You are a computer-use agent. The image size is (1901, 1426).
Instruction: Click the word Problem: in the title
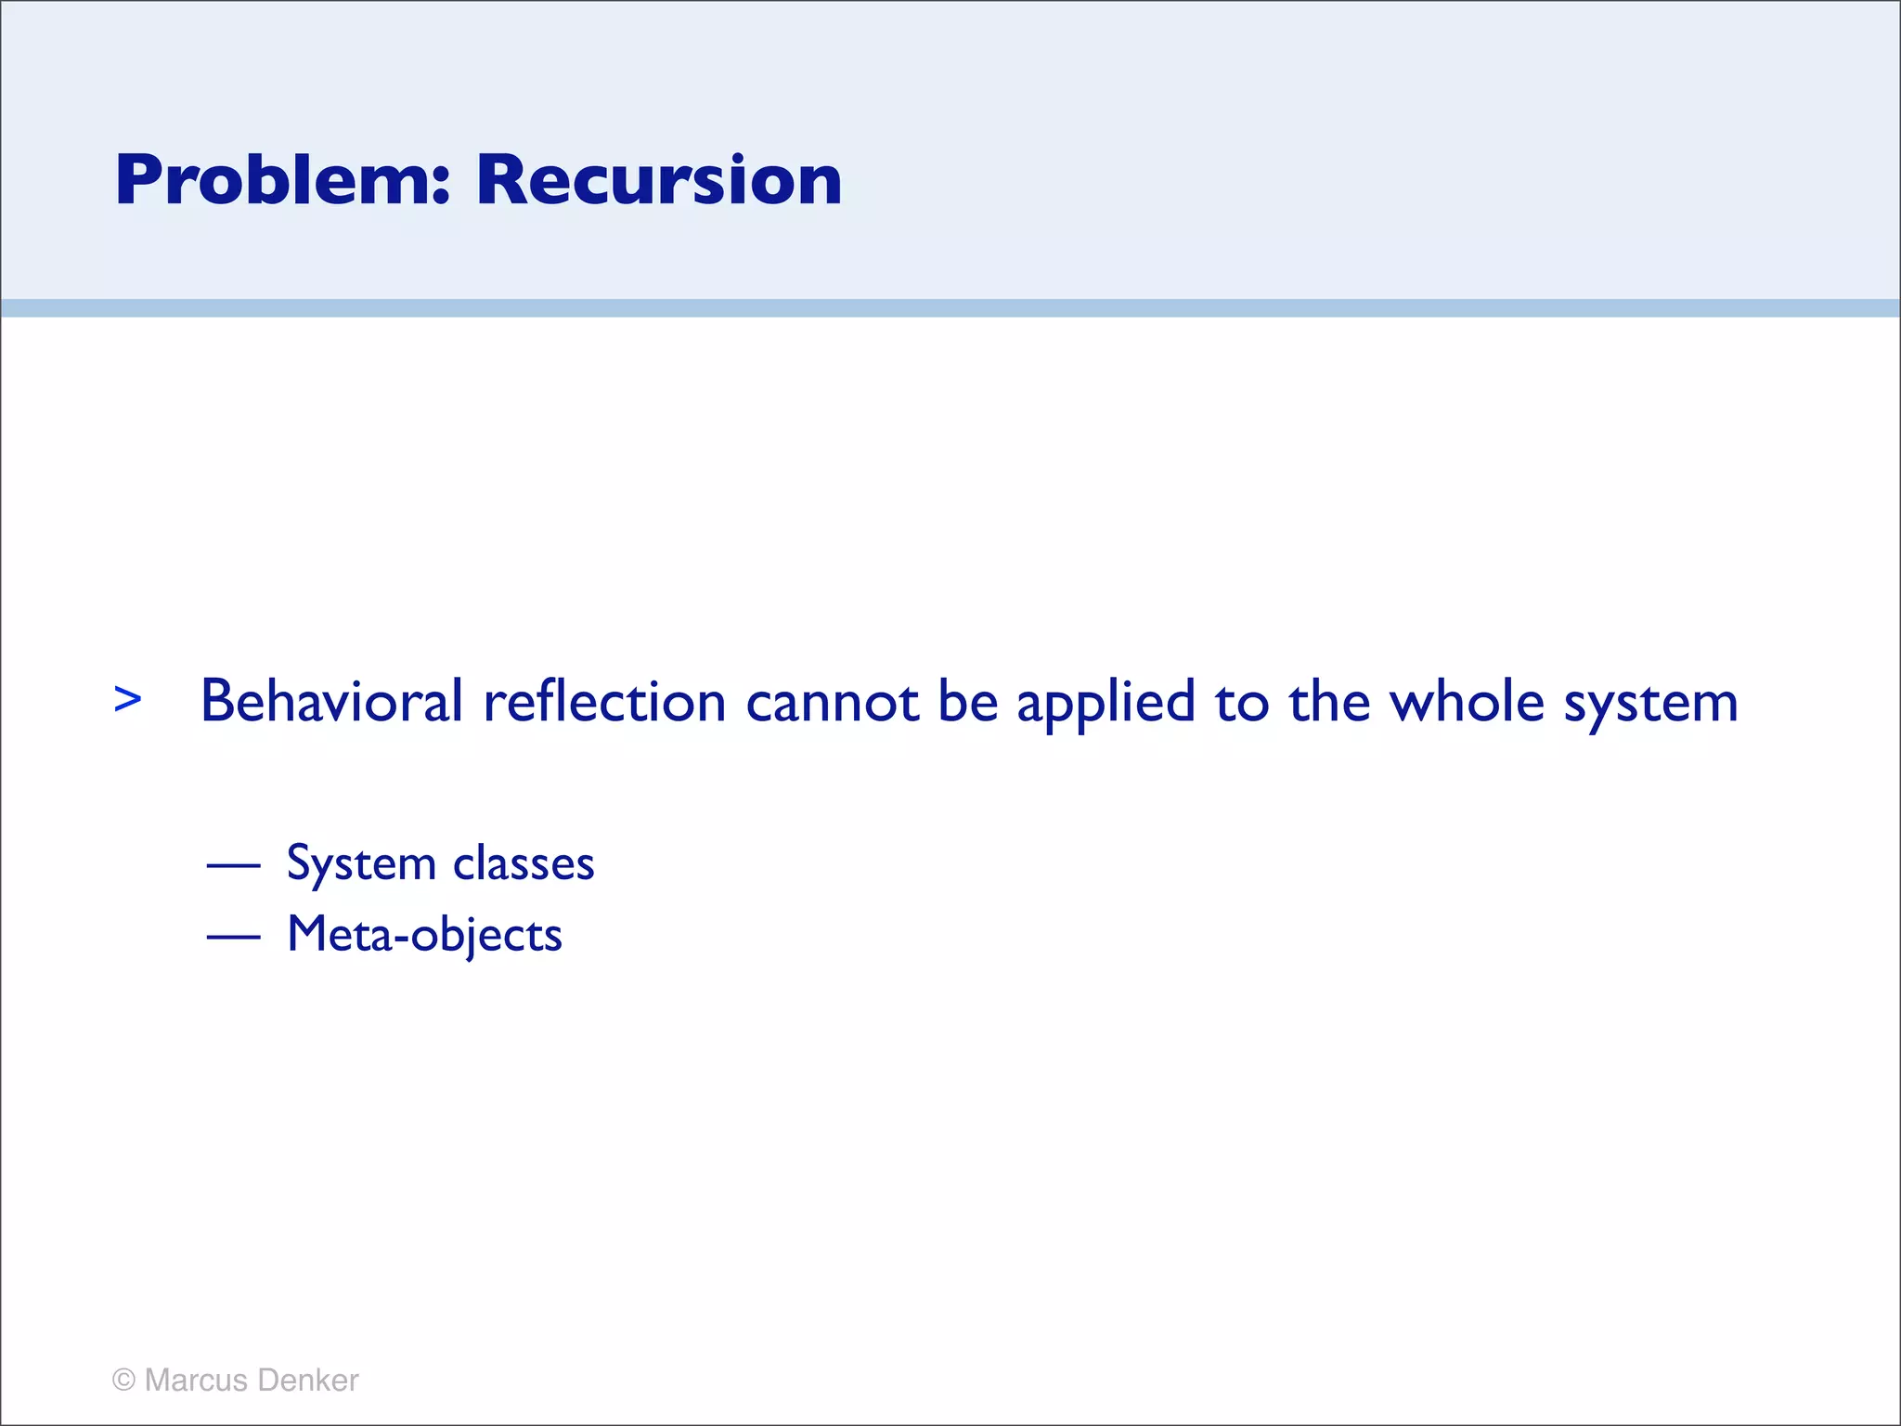(282, 180)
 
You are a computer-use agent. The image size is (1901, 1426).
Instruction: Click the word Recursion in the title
(658, 180)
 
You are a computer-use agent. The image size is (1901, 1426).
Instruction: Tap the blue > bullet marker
(128, 699)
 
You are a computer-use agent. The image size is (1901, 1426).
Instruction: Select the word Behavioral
(331, 702)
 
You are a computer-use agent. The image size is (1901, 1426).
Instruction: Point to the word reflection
(604, 702)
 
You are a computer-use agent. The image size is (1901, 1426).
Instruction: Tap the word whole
(1467, 702)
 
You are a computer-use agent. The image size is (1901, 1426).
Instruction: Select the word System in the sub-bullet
(361, 864)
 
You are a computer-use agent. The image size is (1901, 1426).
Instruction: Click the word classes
(524, 864)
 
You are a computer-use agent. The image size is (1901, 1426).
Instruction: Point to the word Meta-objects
(424, 935)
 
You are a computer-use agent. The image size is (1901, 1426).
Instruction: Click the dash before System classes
(233, 866)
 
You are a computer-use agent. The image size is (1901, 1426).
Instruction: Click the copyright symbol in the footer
(123, 1380)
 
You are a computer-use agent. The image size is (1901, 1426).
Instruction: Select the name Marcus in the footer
(196, 1380)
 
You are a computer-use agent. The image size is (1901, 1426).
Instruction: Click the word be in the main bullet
(967, 702)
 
